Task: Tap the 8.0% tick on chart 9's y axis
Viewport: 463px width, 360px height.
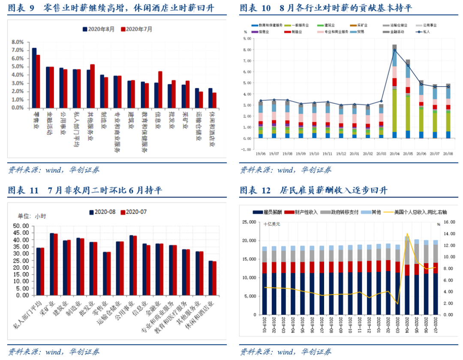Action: coord(17,42)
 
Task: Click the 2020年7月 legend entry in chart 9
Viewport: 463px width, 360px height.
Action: coord(136,29)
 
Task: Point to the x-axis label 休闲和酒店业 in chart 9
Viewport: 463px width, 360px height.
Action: coord(211,129)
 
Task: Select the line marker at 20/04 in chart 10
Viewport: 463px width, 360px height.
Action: coord(394,50)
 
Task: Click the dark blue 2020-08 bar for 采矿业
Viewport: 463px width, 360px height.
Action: coord(52,264)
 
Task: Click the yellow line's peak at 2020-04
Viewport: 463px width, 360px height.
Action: coord(407,233)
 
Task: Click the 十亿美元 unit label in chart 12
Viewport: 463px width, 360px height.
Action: coord(272,224)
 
